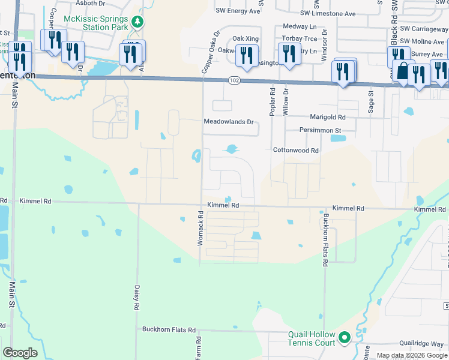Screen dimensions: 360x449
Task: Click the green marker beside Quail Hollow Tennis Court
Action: coord(345,338)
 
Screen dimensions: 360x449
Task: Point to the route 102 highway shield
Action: coord(234,80)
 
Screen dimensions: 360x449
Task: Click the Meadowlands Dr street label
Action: coord(229,122)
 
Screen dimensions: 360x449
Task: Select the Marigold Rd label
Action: coord(327,117)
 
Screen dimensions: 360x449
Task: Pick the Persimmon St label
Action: coord(321,130)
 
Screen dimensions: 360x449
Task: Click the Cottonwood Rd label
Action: coord(295,151)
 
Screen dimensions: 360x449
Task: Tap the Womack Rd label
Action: coord(201,231)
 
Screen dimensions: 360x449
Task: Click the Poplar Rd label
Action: coord(272,99)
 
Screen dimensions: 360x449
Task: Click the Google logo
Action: coord(20,353)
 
